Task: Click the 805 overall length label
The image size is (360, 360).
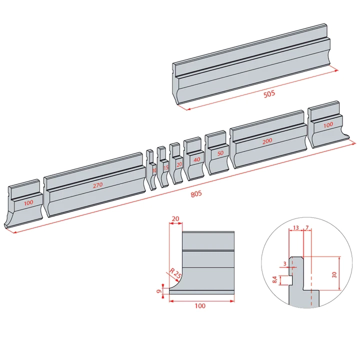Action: [x=196, y=194]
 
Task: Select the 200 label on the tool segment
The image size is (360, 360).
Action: [x=267, y=141]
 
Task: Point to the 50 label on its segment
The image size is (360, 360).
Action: [x=219, y=153]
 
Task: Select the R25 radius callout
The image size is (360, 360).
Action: [x=174, y=274]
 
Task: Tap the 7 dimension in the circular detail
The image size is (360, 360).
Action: [x=306, y=228]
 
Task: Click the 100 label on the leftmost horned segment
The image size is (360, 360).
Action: [x=28, y=202]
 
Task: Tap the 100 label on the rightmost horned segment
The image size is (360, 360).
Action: [x=328, y=125]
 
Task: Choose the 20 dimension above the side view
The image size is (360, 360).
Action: [x=175, y=218]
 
